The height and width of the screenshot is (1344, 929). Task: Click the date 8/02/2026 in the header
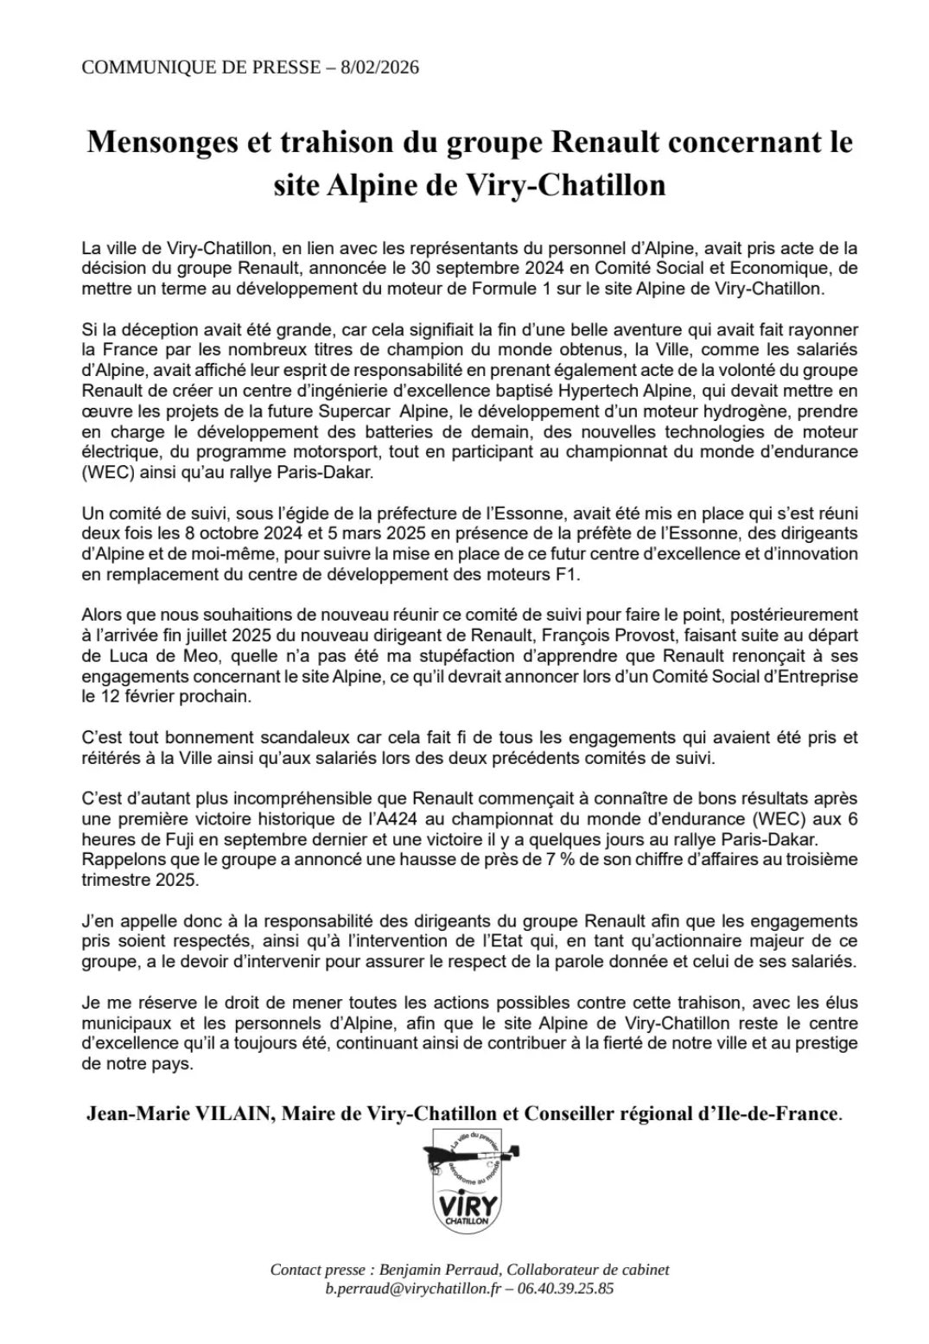(x=377, y=67)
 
